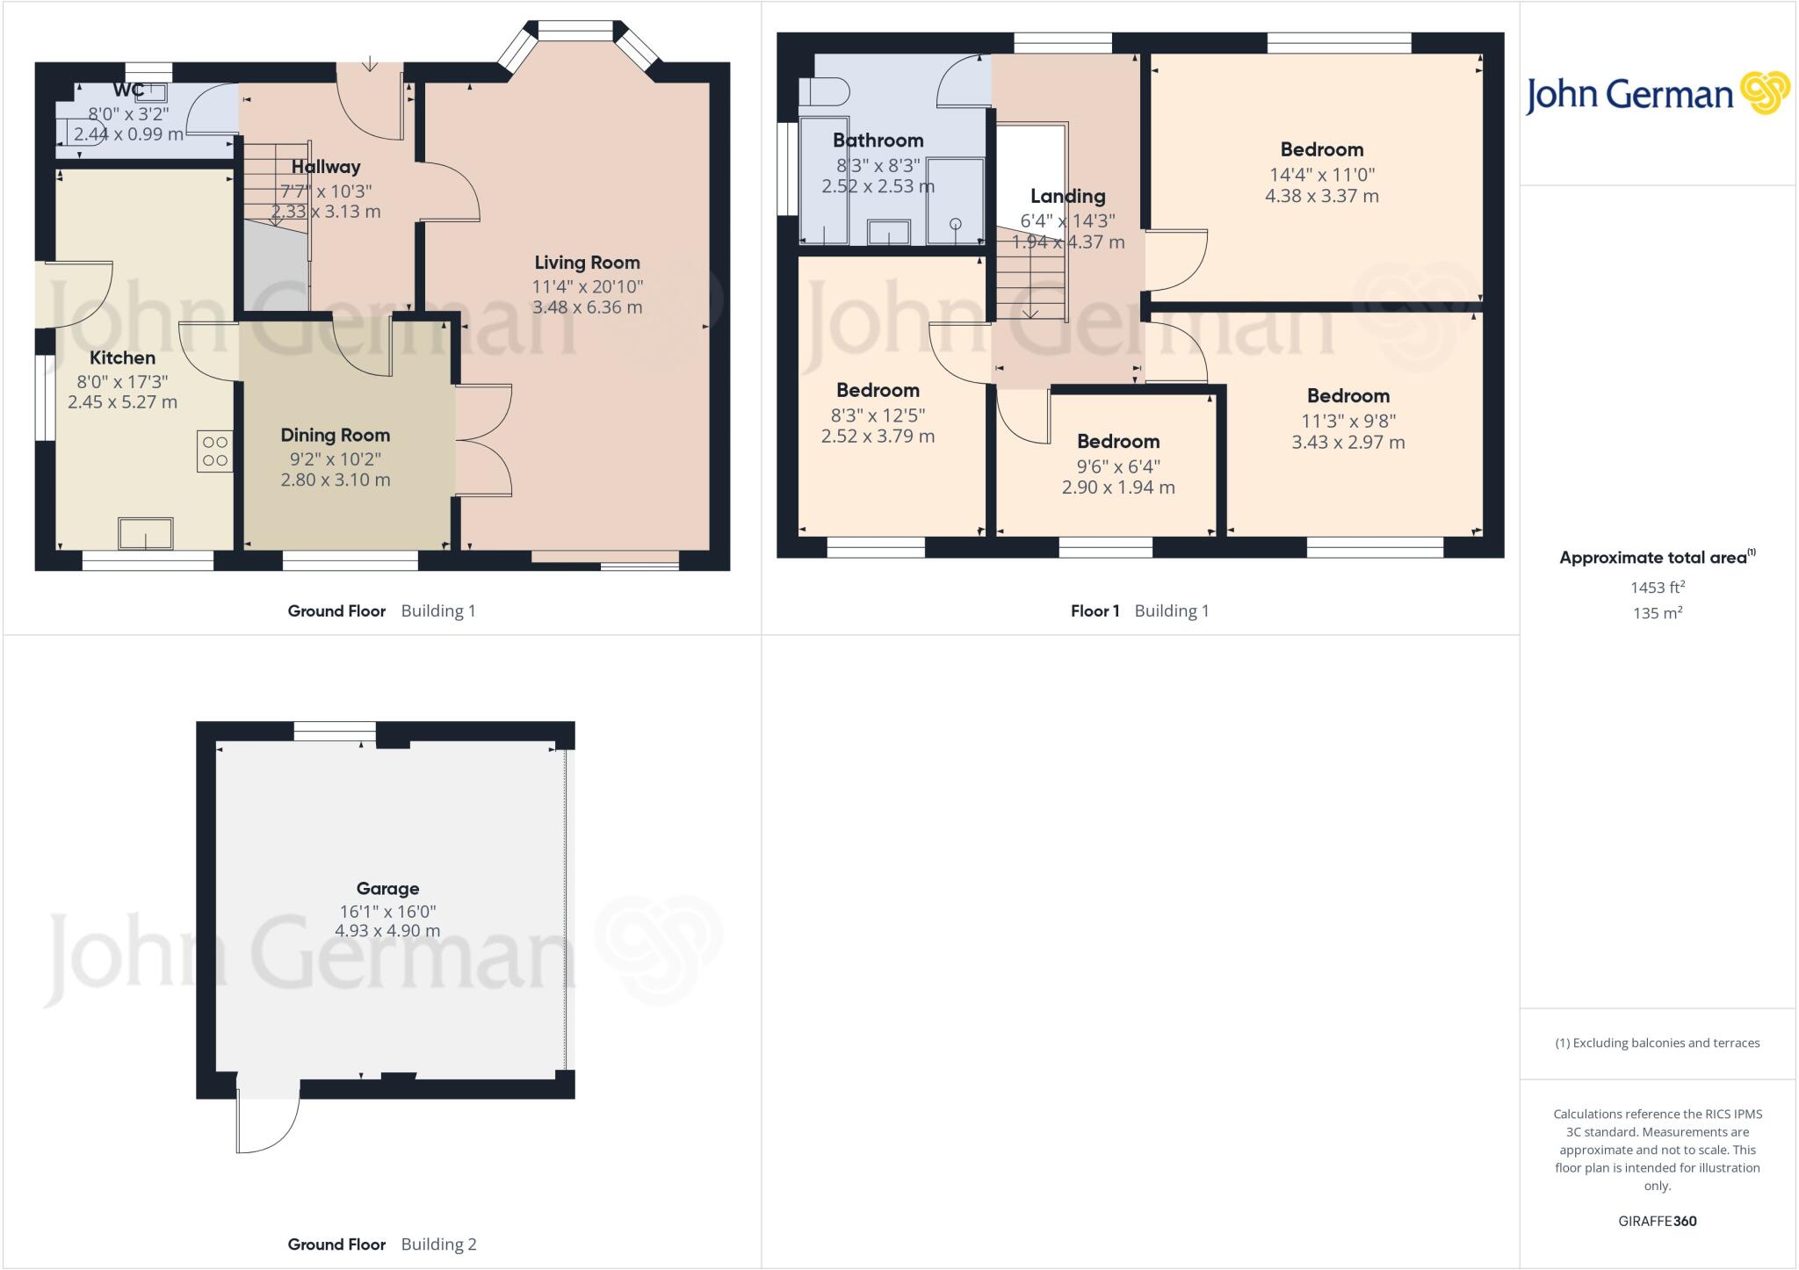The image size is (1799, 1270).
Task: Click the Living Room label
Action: [x=587, y=263]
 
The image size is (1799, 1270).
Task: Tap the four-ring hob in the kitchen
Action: [x=215, y=451]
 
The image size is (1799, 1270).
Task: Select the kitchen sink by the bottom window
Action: [x=146, y=533]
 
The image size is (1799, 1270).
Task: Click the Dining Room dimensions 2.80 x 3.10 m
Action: [x=336, y=480]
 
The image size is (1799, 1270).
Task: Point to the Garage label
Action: [x=387, y=888]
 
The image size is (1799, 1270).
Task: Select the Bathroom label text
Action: [x=878, y=141]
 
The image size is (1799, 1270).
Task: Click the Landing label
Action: [x=1067, y=196]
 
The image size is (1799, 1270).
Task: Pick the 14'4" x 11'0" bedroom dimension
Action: [x=1321, y=175]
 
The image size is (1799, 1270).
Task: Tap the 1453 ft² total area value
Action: [x=1657, y=588]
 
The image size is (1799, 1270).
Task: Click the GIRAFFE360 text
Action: [x=1657, y=1221]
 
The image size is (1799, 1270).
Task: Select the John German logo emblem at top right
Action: [x=1764, y=93]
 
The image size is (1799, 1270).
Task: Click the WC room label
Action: [x=128, y=90]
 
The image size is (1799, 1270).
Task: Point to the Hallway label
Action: [x=326, y=167]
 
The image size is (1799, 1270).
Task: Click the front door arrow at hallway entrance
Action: [x=370, y=64]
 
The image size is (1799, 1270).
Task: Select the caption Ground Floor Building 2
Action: [x=381, y=1244]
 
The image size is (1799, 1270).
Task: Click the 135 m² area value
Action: [x=1657, y=613]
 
